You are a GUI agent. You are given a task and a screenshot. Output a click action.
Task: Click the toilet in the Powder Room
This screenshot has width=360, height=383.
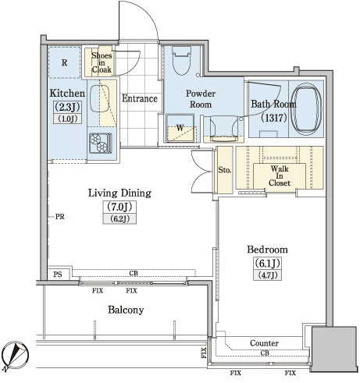(182, 61)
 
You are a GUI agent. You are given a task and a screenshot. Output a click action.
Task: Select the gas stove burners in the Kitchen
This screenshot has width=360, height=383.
(100, 143)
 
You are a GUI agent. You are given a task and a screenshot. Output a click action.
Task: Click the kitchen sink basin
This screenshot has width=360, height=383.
(100, 99)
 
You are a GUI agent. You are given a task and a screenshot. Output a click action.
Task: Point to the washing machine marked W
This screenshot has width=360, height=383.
(180, 128)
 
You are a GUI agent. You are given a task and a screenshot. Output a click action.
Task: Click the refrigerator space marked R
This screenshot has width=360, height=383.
(64, 62)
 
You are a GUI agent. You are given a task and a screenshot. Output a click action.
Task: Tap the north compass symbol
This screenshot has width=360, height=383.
(15, 356)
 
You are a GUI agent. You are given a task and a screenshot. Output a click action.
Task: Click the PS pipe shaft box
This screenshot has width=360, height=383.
(59, 274)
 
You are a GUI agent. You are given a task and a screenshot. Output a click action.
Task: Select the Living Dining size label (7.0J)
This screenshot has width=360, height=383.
(119, 207)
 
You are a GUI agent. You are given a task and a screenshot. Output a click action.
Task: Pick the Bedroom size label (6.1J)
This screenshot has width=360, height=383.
(267, 263)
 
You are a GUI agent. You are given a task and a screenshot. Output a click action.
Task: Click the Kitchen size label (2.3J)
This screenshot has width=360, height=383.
(67, 107)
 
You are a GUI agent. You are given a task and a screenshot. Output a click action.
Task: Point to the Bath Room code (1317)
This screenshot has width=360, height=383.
(274, 118)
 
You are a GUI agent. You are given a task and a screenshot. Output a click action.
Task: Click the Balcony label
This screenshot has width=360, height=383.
(126, 310)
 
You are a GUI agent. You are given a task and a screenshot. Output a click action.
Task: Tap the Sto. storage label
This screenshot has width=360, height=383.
(224, 170)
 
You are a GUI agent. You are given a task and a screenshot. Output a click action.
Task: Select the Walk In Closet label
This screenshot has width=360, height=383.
(280, 176)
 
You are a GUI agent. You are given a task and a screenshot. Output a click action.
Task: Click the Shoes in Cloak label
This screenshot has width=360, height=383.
(102, 62)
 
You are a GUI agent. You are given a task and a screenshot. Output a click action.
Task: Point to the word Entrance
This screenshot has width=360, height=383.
(140, 98)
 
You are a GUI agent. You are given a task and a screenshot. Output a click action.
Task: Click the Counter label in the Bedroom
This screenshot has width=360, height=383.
(264, 343)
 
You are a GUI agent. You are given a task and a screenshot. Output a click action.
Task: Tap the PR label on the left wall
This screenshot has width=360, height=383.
(59, 217)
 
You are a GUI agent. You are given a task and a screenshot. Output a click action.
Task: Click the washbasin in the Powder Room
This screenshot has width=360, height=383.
(224, 129)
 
